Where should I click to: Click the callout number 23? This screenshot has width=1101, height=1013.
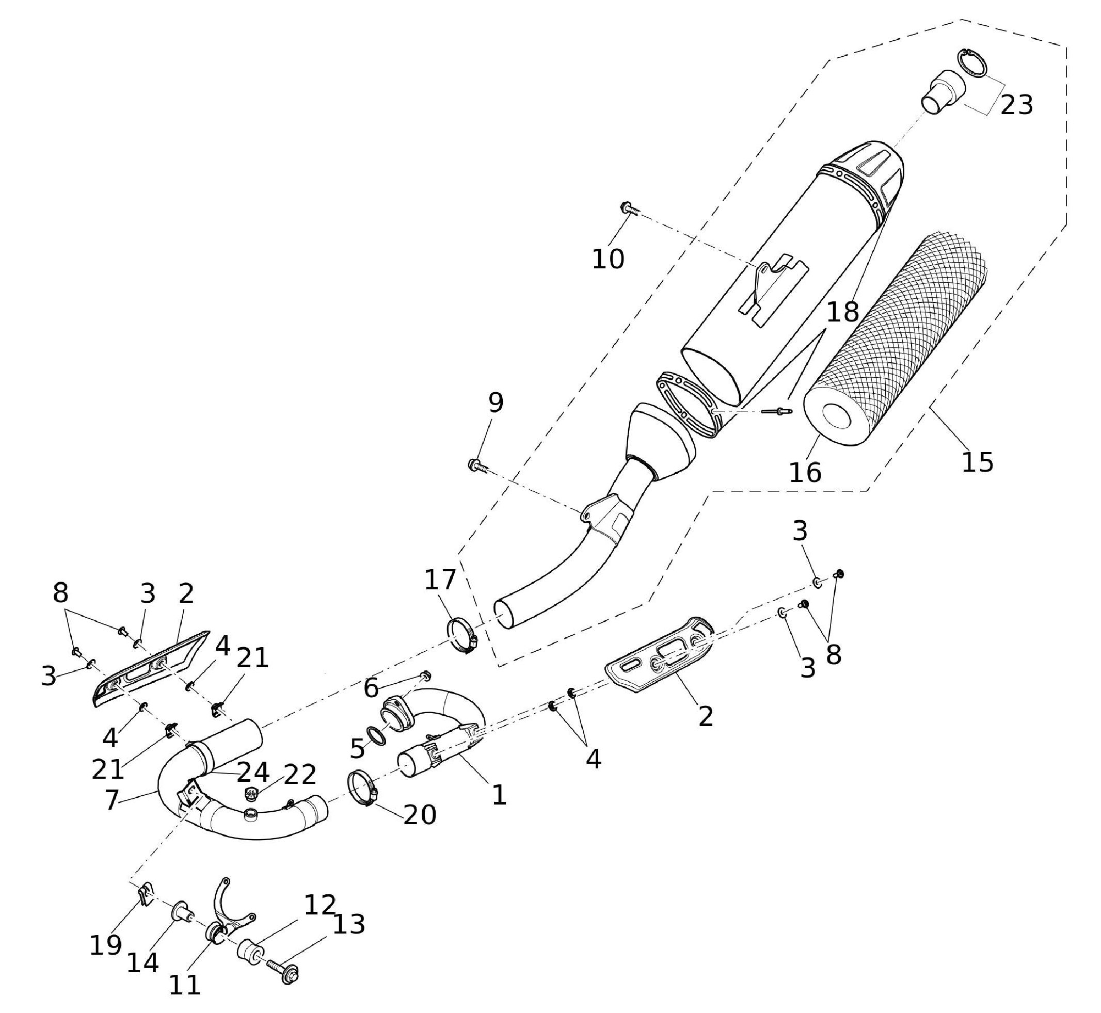1016,105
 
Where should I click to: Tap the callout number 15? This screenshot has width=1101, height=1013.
977,462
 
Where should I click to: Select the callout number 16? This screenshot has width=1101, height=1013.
805,472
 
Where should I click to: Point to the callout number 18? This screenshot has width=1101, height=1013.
842,312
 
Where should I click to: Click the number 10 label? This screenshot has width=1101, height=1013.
608,259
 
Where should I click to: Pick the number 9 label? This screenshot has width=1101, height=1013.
496,404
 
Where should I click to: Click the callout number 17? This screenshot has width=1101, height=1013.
440,580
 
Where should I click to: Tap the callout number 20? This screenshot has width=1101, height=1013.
420,815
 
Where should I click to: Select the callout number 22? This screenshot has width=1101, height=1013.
300,774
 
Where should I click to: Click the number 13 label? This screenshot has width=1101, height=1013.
349,924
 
